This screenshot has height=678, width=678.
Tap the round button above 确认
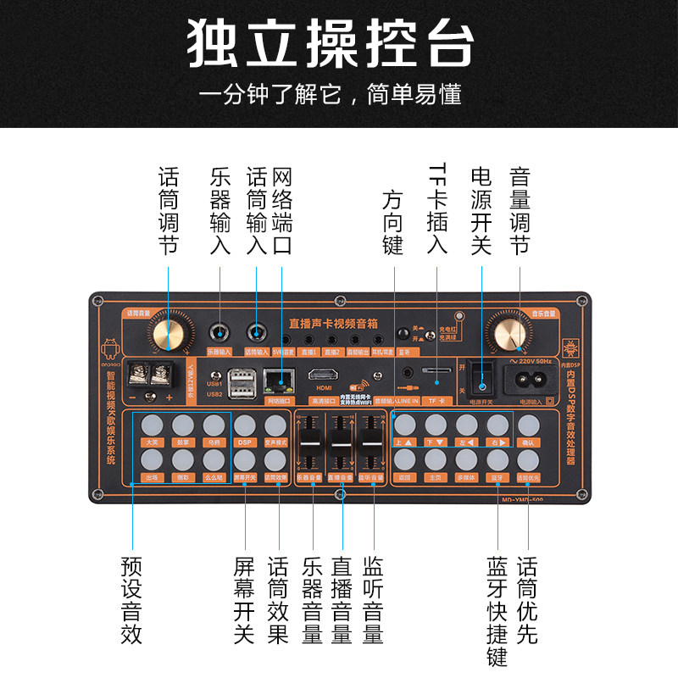529,425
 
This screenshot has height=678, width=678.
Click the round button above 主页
436,458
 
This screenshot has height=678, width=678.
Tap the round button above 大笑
153,425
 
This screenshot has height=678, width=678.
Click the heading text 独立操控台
331,42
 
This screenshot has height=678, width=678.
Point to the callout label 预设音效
131,600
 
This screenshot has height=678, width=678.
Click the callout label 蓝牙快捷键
497,610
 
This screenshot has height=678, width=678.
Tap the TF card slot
436,371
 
